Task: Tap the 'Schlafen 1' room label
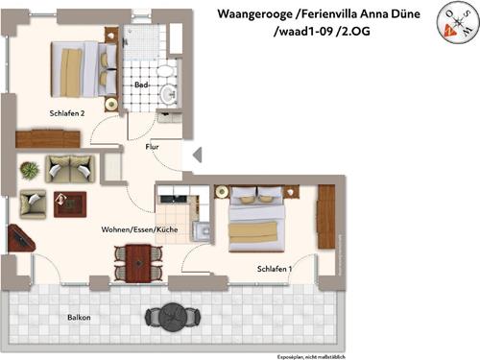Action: click(275, 269)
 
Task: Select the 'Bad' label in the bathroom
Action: click(140, 85)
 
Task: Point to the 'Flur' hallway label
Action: click(152, 147)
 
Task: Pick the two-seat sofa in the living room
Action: click(70, 169)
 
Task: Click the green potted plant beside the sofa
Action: click(29, 170)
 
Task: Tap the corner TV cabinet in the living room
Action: click(19, 237)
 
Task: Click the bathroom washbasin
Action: click(170, 93)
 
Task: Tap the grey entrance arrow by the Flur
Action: click(197, 155)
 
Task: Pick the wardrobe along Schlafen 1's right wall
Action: click(325, 217)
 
